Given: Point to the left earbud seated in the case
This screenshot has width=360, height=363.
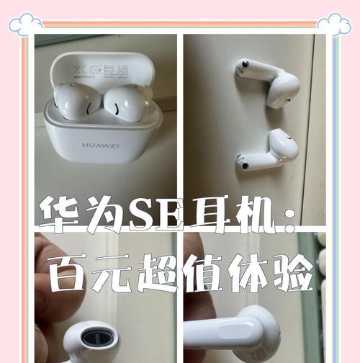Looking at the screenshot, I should [x=74, y=100].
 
